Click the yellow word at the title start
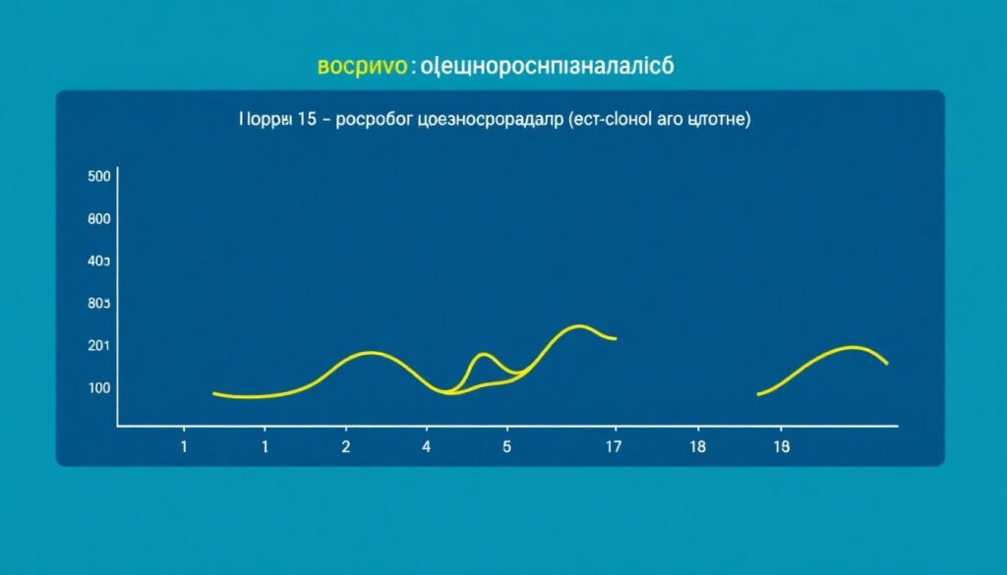[362, 66]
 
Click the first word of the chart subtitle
[266, 120]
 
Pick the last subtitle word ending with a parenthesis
[720, 120]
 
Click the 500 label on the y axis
[98, 177]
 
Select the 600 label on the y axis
[98, 219]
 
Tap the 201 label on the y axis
[98, 345]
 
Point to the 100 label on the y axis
[98, 387]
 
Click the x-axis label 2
[345, 446]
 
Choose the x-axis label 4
[426, 446]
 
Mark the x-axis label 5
[507, 446]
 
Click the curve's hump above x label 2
[370, 352]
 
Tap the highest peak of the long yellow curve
[580, 325]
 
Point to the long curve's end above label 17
[616, 339]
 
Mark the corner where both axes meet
[118, 426]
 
